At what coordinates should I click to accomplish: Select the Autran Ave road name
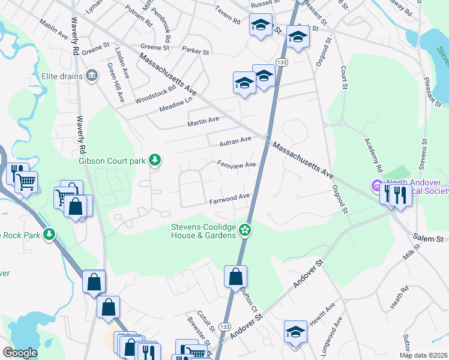(235, 141)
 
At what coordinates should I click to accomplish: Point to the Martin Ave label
(203, 122)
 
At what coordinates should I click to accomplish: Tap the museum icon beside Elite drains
(92, 75)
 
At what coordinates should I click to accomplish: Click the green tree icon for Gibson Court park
(155, 160)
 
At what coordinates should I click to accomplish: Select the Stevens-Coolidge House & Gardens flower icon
(244, 230)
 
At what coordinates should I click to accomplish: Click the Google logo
(19, 353)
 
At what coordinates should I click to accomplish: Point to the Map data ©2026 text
(424, 355)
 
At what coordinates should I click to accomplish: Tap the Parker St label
(195, 52)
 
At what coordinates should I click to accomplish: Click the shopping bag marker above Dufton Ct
(236, 277)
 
